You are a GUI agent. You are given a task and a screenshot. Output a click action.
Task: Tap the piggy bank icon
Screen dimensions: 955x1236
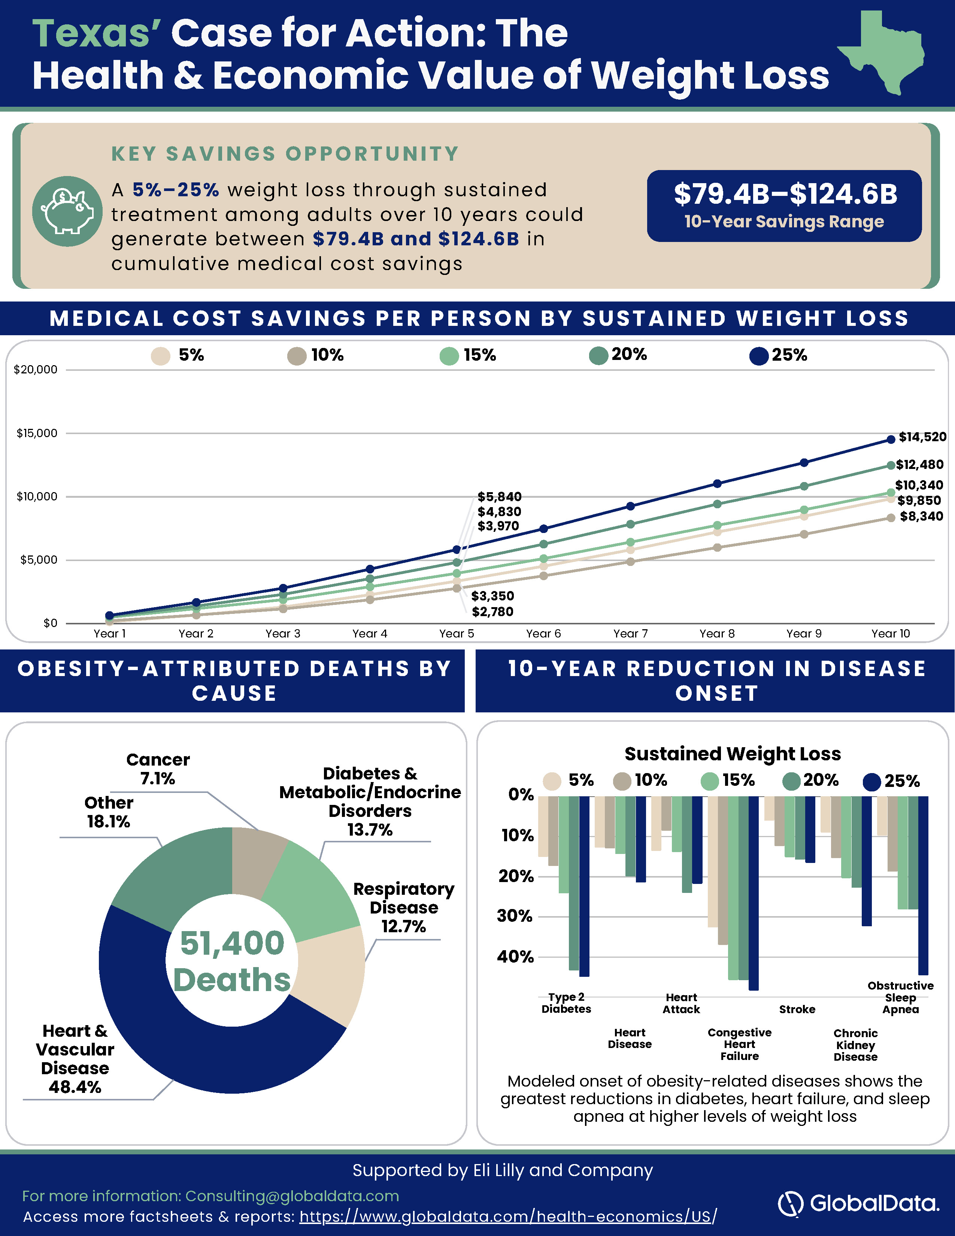pyautogui.click(x=67, y=211)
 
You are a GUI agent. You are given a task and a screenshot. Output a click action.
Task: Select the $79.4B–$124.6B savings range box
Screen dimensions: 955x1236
pyautogui.click(x=784, y=206)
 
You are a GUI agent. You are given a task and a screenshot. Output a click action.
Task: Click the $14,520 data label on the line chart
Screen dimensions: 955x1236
pyautogui.click(x=922, y=437)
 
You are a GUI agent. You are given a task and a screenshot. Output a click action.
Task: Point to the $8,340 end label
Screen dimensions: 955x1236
pyautogui.click(x=921, y=516)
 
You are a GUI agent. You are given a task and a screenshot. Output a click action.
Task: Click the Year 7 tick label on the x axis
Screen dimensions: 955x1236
pyautogui.click(x=630, y=634)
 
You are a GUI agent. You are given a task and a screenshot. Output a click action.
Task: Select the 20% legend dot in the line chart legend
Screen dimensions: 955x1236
pyautogui.click(x=598, y=355)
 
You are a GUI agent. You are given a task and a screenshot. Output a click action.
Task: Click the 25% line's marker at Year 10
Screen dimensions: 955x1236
pyautogui.click(x=891, y=439)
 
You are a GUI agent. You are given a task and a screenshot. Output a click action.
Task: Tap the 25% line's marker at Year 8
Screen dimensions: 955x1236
pyautogui.click(x=718, y=483)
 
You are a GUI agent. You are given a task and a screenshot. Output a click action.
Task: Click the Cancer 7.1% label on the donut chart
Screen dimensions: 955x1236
pyautogui.click(x=158, y=769)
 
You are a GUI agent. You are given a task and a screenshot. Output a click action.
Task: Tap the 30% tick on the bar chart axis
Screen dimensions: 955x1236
pyautogui.click(x=515, y=916)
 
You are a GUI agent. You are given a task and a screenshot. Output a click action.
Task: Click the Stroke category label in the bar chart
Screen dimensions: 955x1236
pyautogui.click(x=797, y=1009)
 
